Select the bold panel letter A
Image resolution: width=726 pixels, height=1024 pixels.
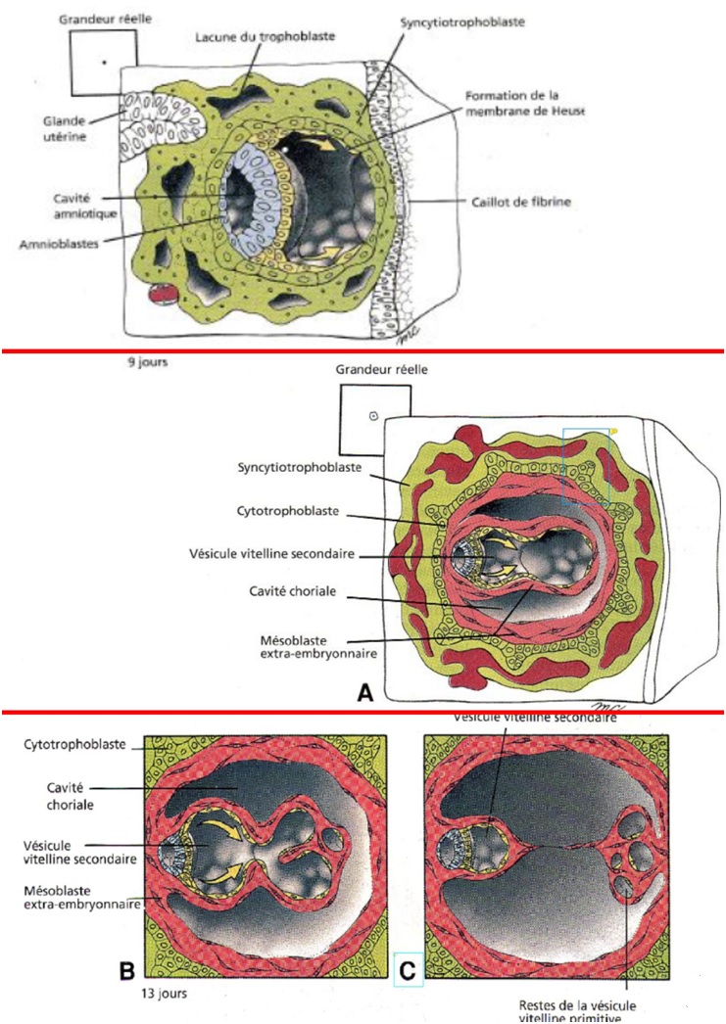pyautogui.click(x=364, y=692)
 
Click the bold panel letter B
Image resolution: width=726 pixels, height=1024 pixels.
pyautogui.click(x=126, y=972)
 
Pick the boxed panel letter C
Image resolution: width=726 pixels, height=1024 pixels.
pyautogui.click(x=409, y=973)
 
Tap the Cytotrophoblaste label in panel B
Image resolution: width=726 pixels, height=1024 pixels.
pyautogui.click(x=59, y=744)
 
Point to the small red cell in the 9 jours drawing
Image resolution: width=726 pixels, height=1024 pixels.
pyautogui.click(x=159, y=292)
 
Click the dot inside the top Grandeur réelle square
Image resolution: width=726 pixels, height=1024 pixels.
pyautogui.click(x=102, y=62)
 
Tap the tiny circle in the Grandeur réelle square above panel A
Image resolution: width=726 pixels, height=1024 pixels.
pyautogui.click(x=373, y=416)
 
